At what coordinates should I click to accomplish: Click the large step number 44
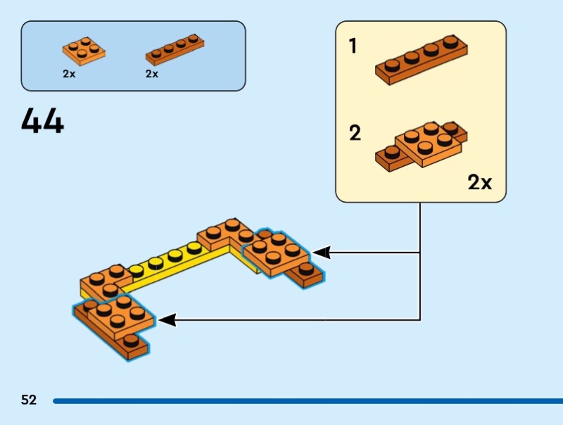coord(42,120)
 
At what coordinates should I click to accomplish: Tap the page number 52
coord(29,400)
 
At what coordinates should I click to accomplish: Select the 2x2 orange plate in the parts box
coord(84,51)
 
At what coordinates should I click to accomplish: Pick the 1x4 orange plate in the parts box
coord(175,49)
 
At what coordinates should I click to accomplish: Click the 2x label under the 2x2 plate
coord(69,74)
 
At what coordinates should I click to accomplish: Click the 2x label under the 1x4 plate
coord(152,74)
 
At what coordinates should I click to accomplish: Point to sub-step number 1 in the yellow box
coord(353,46)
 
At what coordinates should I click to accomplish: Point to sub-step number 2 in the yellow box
coord(355,133)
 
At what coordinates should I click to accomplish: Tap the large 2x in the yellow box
coord(480,182)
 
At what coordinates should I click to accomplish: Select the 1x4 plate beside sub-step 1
coord(422,60)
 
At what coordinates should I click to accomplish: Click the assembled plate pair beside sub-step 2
coord(422,146)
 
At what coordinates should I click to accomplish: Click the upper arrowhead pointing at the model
coord(322,253)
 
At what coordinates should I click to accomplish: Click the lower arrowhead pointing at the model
coord(167,320)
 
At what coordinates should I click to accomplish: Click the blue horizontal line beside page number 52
coord(308,401)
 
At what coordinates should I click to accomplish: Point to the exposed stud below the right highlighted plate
coord(306,268)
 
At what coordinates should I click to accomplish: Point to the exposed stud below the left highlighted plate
coord(131,341)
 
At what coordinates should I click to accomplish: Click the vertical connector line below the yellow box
coord(420,261)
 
